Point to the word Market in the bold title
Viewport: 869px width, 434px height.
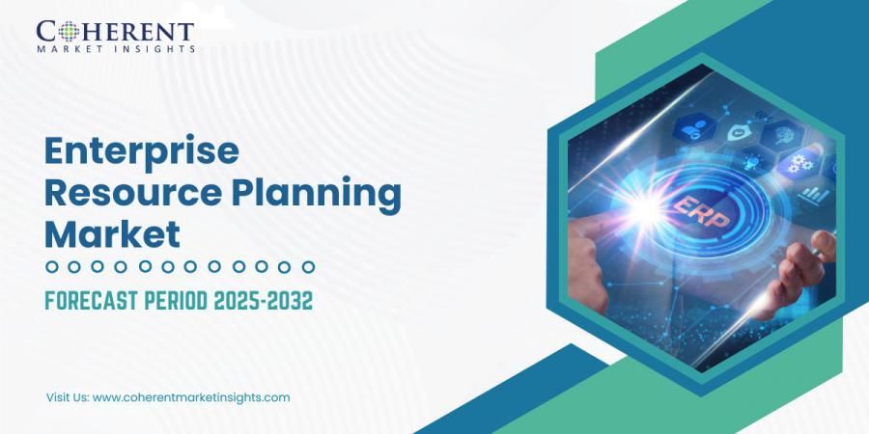(x=112, y=234)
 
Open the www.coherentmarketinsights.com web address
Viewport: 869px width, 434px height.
(x=191, y=397)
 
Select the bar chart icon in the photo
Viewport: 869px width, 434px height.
(x=814, y=194)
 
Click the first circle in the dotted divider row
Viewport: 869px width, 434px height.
(x=52, y=266)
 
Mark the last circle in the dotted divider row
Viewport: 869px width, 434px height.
(x=308, y=266)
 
